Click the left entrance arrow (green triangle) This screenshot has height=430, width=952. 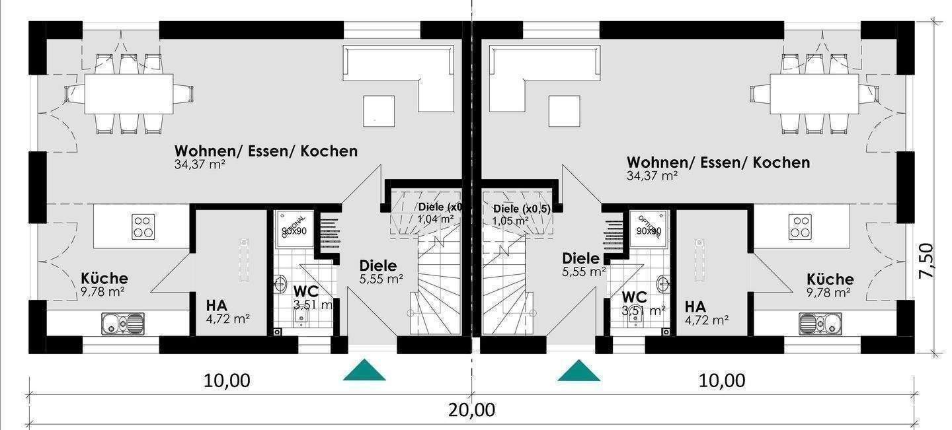(x=364, y=372)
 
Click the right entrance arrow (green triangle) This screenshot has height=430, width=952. (x=578, y=372)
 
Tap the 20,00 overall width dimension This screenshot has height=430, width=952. (x=471, y=410)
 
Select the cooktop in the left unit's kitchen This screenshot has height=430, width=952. (x=143, y=227)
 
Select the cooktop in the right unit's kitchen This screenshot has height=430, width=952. (x=800, y=227)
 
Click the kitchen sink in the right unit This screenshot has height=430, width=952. (x=820, y=323)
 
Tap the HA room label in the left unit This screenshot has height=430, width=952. (x=216, y=306)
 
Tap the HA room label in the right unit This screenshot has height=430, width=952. (x=695, y=307)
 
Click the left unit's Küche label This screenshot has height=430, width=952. (x=104, y=279)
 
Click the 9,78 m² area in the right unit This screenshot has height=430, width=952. (x=828, y=292)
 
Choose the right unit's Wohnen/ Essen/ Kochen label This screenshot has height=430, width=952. (x=718, y=162)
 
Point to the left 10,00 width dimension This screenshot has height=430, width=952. (x=227, y=380)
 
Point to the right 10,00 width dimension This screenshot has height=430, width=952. (x=721, y=380)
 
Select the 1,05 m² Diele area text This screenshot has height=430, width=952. (x=510, y=220)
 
